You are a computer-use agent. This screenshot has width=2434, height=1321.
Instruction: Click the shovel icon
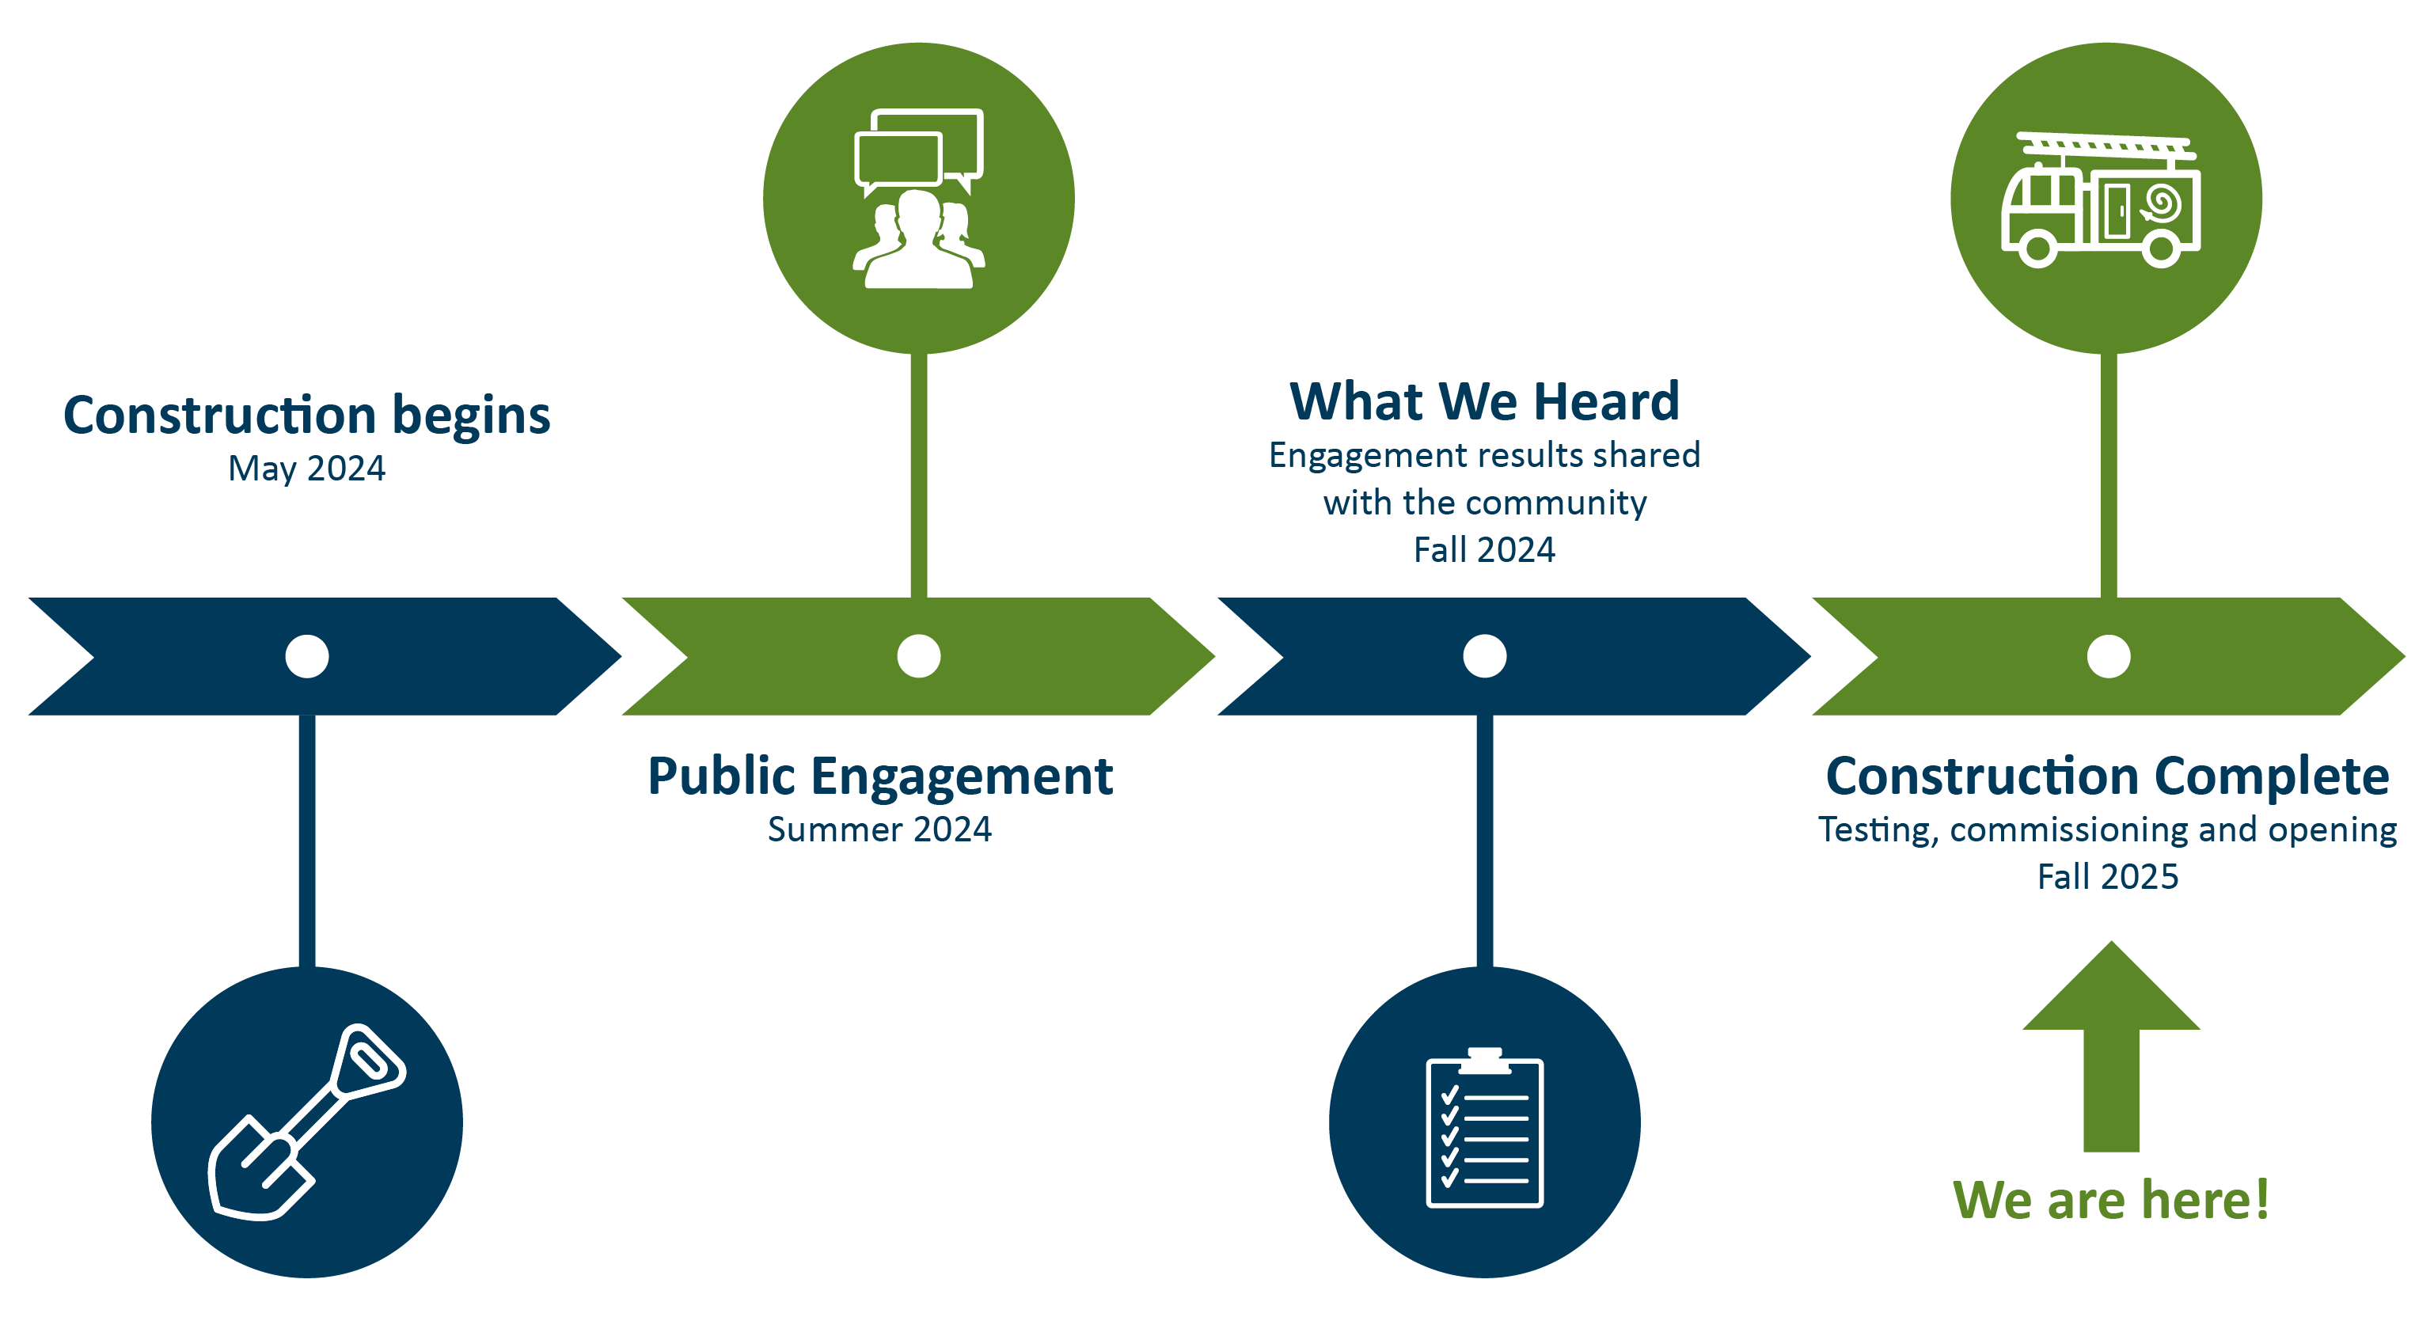[306, 1122]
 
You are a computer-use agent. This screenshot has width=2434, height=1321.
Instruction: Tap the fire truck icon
[2102, 201]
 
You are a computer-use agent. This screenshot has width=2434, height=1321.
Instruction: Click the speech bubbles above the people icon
[918, 148]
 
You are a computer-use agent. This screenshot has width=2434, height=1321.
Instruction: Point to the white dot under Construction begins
[307, 656]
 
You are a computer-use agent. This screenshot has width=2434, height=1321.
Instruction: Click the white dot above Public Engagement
[918, 656]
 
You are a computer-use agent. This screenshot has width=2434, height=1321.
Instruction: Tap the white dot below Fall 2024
[1484, 656]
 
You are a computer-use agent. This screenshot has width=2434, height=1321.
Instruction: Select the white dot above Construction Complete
[2108, 656]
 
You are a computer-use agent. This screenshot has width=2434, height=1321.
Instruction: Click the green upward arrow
[2111, 1049]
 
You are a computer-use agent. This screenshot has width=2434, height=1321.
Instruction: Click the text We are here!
[2111, 1200]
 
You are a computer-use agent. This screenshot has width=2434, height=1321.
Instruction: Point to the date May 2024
[307, 469]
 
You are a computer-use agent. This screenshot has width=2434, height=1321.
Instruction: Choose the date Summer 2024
[879, 829]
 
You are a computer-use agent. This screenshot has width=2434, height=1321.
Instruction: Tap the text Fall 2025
[2108, 877]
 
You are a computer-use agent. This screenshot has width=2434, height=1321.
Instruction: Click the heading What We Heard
[1484, 401]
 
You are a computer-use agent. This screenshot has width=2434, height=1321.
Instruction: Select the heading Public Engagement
[879, 776]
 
